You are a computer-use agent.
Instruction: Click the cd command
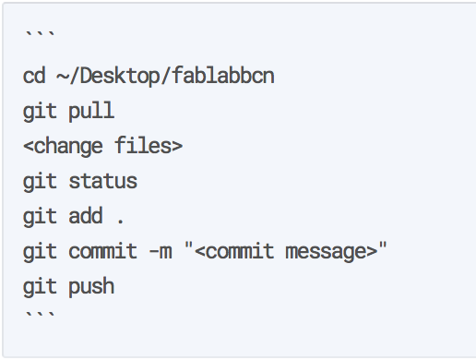pyautogui.click(x=34, y=75)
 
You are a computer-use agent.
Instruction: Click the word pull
pyautogui.click(x=91, y=111)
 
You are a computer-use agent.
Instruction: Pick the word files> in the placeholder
pyautogui.click(x=147, y=146)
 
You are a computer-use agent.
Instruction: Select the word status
pyautogui.click(x=102, y=181)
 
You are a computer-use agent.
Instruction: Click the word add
pyautogui.click(x=86, y=216)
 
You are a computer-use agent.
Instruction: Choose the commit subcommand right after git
pyautogui.click(x=102, y=251)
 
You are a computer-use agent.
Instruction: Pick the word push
pyautogui.click(x=91, y=287)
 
